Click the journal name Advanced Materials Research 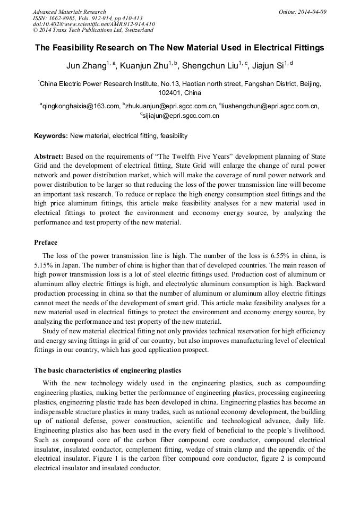click(x=69, y=12)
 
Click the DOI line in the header click(x=93, y=24)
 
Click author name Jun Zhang click(x=84, y=66)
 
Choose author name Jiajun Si click(x=269, y=66)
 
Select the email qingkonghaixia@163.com click(x=81, y=106)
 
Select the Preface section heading click(x=46, y=243)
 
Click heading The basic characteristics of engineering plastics click(x=108, y=370)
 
